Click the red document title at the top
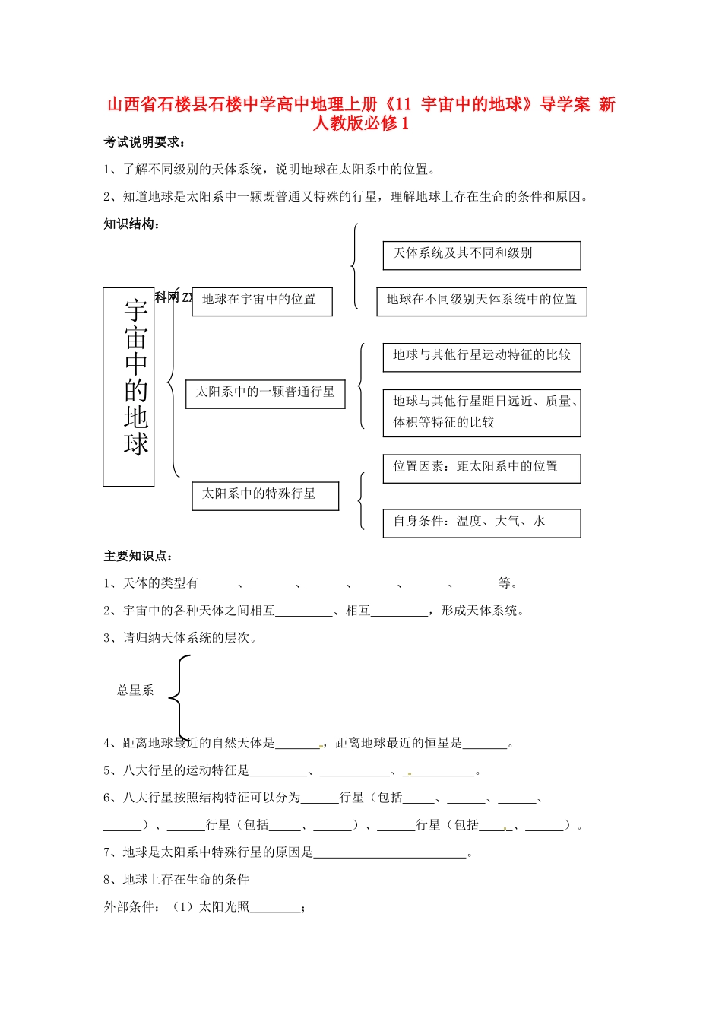click(x=361, y=113)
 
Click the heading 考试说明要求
click(x=144, y=142)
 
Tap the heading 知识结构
click(x=131, y=224)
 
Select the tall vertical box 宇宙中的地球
click(x=128, y=386)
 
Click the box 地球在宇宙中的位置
click(x=261, y=300)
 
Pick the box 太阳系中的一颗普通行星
click(x=265, y=393)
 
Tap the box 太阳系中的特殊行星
click(x=265, y=495)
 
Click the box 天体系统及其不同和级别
click(x=481, y=255)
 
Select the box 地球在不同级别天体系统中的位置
click(x=482, y=301)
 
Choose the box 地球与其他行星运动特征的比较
click(x=481, y=357)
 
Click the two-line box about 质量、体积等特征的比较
click(x=481, y=413)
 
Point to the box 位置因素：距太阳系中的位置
click(x=481, y=468)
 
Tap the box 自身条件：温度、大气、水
click(x=481, y=522)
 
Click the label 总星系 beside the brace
click(x=135, y=690)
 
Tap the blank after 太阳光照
click(x=275, y=908)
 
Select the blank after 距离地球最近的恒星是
click(x=485, y=744)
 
